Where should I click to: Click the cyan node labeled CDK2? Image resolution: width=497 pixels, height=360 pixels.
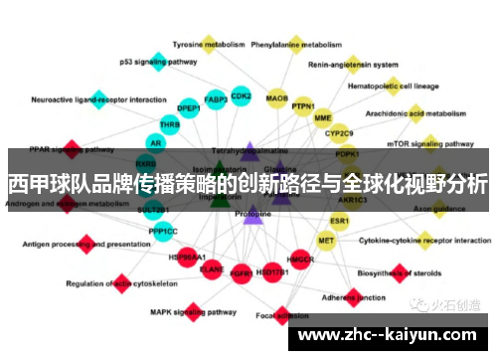click(241, 96)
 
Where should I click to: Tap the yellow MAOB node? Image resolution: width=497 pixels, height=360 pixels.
click(277, 98)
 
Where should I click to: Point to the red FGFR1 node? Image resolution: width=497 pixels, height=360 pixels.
click(241, 270)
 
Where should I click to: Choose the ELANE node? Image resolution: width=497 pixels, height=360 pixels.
click(212, 267)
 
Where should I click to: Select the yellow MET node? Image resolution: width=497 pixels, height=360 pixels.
click(326, 240)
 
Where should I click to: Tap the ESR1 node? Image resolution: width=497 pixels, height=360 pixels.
click(340, 220)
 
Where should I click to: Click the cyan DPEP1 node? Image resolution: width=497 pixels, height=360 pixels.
click(188, 107)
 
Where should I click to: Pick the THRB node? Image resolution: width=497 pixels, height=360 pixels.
click(170, 125)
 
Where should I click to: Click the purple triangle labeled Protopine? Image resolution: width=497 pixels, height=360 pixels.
click(252, 214)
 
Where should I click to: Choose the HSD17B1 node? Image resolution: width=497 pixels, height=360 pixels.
click(271, 270)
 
